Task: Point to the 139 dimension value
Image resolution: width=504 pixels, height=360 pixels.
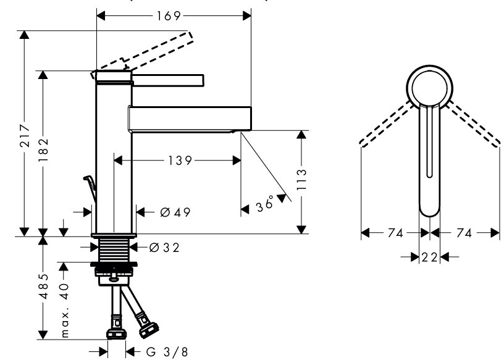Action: pos(179,161)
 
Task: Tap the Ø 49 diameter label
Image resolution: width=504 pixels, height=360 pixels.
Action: pos(174,212)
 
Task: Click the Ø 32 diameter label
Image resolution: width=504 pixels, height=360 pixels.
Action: pos(164,248)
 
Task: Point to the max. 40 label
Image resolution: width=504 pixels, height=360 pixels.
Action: pos(64,302)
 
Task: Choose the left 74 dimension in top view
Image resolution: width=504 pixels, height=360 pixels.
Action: pos(396,233)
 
